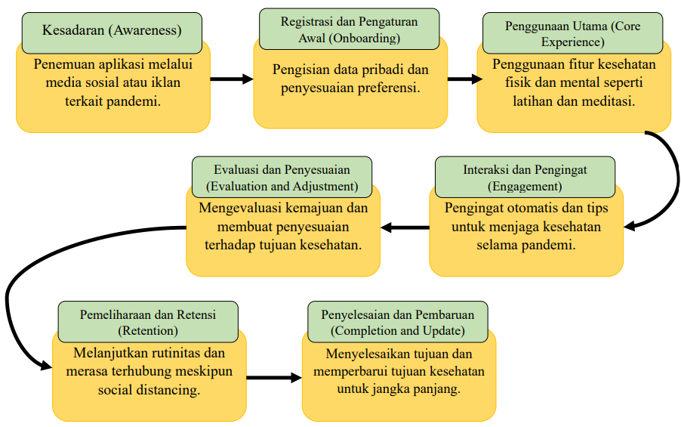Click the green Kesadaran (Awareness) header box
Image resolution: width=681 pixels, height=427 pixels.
pos(112,33)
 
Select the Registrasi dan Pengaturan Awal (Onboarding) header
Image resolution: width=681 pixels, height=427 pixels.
pos(350,29)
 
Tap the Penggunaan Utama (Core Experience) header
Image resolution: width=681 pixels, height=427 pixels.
pos(573,33)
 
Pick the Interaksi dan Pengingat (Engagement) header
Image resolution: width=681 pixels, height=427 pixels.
pos(525,177)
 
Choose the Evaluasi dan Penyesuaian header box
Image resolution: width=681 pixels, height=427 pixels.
pos(282,177)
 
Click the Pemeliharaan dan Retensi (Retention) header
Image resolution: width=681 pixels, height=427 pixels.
pos(148,322)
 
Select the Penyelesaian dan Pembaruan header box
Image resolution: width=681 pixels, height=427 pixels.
pos(398,322)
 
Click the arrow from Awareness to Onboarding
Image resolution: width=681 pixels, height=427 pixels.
pos(232,79)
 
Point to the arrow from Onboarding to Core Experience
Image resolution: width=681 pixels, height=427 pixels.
pos(465,79)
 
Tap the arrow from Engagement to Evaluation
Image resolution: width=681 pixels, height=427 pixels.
pos(405,227)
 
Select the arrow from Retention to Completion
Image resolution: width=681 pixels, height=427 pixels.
pos(274,378)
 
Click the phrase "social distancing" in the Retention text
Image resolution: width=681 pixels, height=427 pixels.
pos(149,390)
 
